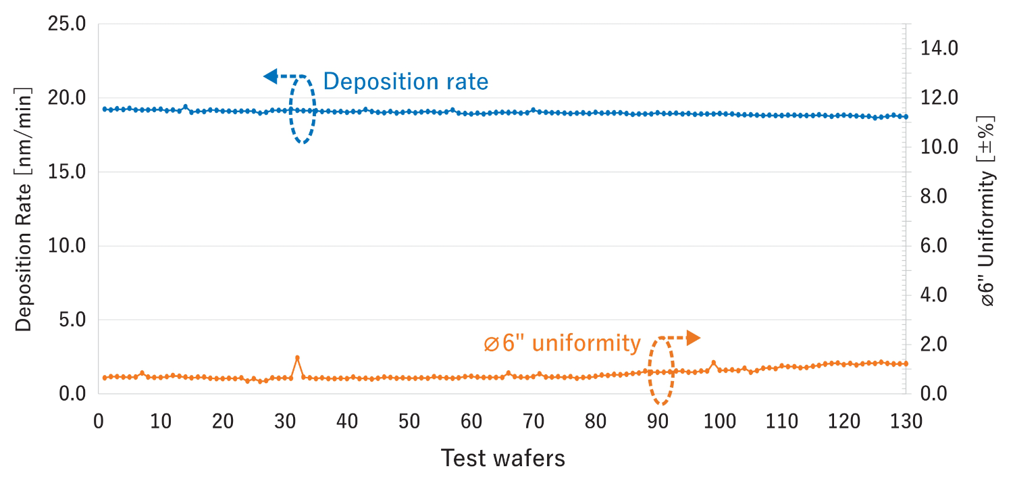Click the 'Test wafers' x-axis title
[502, 459]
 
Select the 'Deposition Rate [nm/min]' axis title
[24, 209]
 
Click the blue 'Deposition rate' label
[405, 82]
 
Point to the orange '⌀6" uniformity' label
[562, 343]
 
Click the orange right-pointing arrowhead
[693, 338]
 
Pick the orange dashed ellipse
[661, 371]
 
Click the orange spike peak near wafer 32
[297, 357]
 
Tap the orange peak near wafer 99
[713, 363]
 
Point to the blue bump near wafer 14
[185, 107]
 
